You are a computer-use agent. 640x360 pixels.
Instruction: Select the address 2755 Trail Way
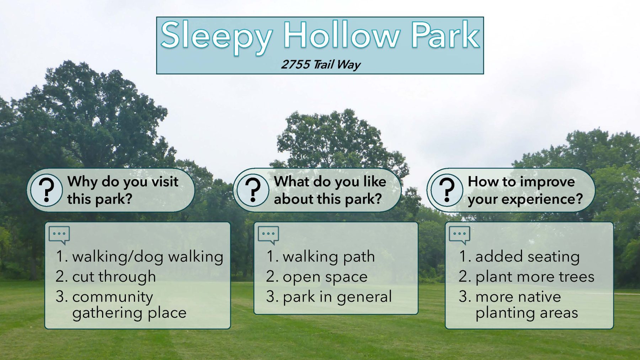321,65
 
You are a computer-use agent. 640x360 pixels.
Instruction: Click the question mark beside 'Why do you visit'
46,190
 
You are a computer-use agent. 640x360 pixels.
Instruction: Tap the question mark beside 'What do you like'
253,190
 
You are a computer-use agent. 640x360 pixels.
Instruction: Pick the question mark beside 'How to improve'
447,190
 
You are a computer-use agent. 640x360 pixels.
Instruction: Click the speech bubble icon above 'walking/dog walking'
59,235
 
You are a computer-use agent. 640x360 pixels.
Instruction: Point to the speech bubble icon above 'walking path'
268,235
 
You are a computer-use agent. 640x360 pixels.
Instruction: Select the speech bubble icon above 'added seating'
459,235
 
